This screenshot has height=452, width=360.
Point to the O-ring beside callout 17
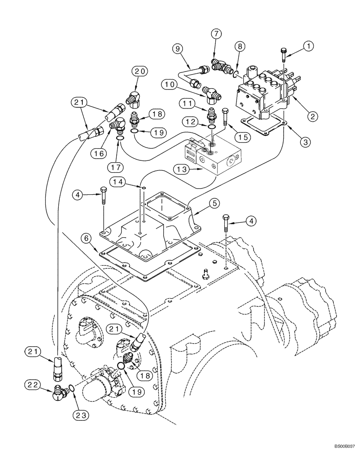120,138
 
